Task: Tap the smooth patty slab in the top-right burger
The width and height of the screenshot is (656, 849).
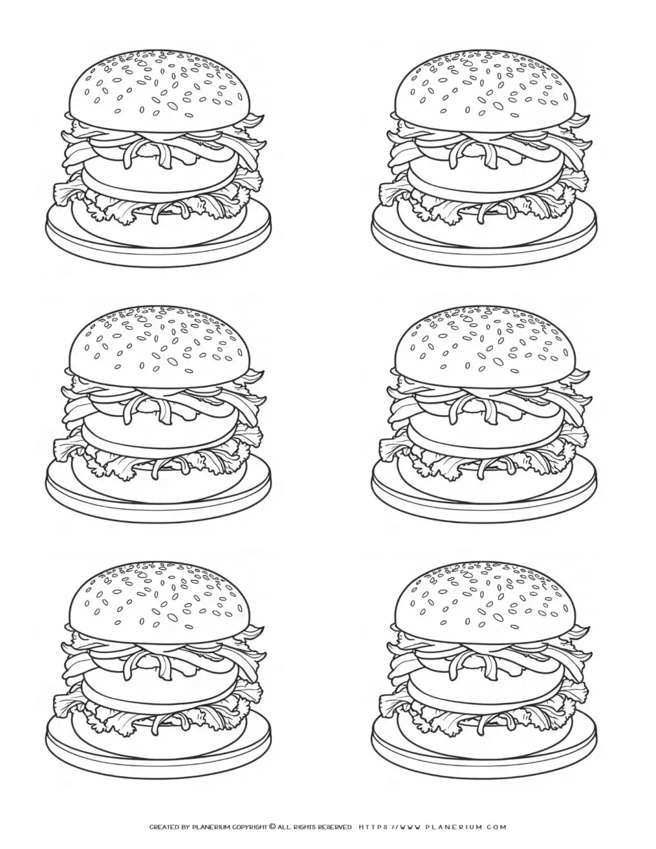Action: click(485, 180)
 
